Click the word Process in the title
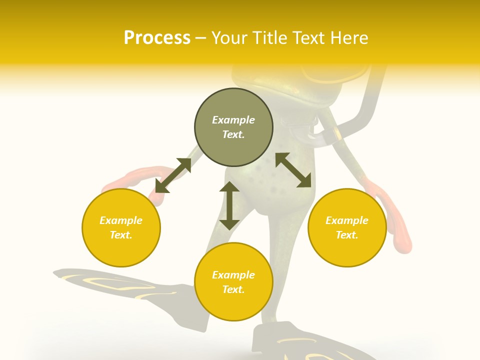[x=157, y=38]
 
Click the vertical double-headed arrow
[x=229, y=205]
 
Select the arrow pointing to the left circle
[x=173, y=175]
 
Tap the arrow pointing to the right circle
[x=293, y=170]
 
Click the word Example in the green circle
[x=233, y=120]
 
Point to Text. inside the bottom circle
[x=233, y=289]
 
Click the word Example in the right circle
[x=347, y=220]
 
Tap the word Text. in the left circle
[x=121, y=235]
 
